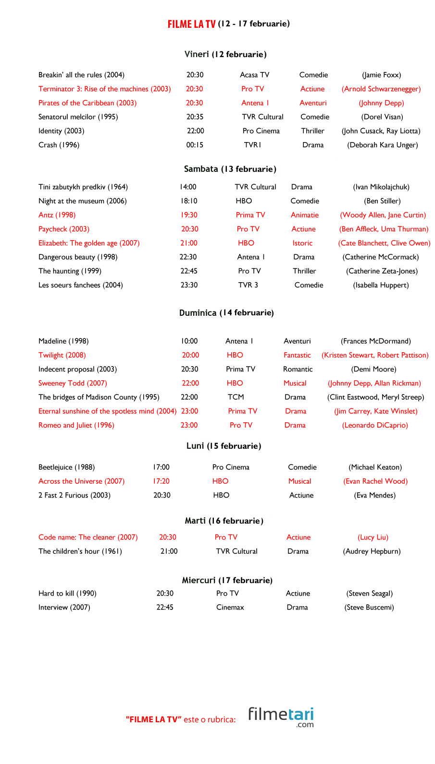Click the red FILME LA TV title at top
191,24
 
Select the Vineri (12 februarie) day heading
225,54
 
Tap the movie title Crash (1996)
59,145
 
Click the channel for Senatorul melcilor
262,117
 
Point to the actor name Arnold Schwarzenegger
381,89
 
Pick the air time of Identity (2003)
195,131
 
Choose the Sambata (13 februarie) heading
230,169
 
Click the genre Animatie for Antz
304,215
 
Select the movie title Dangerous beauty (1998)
78,257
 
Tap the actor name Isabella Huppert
381,285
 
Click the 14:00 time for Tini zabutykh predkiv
188,187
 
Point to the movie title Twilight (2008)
62,356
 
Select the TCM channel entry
236,397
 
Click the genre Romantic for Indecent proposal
298,370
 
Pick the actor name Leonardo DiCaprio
375,425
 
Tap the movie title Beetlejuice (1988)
66,467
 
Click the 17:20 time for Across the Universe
161,481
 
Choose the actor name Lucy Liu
373,537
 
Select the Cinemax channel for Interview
230,608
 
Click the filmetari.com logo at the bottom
281,717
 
